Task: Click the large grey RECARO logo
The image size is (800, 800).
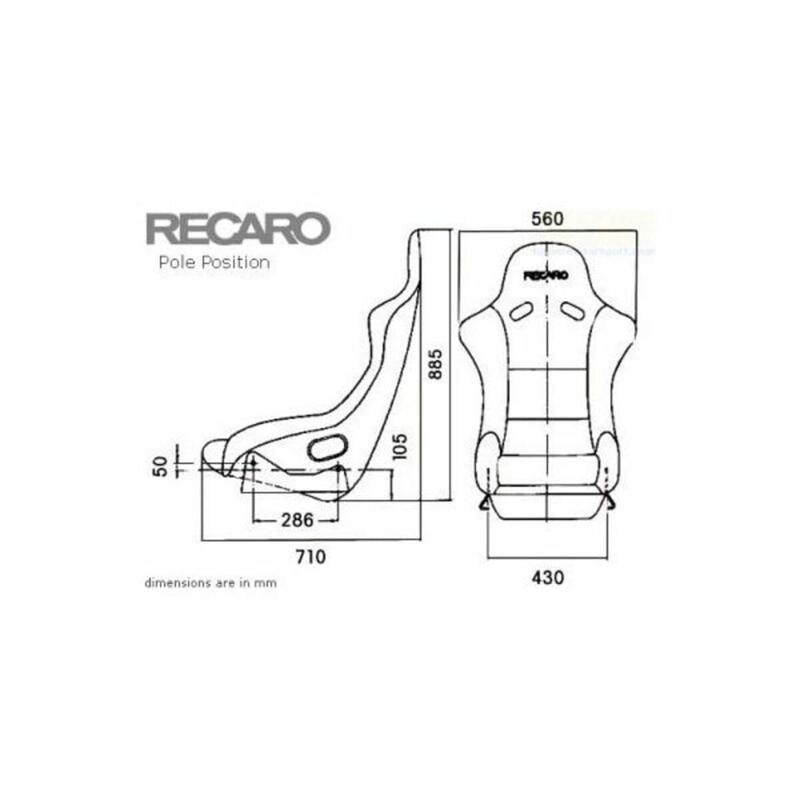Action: click(238, 229)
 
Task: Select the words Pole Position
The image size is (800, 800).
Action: click(214, 263)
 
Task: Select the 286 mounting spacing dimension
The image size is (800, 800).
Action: click(297, 519)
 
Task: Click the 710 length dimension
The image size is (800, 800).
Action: click(311, 556)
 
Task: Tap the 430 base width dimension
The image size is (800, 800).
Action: click(547, 577)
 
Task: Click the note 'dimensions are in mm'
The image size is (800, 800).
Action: click(211, 583)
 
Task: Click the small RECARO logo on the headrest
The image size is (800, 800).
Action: click(546, 275)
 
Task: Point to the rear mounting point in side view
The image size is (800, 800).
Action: click(338, 469)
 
